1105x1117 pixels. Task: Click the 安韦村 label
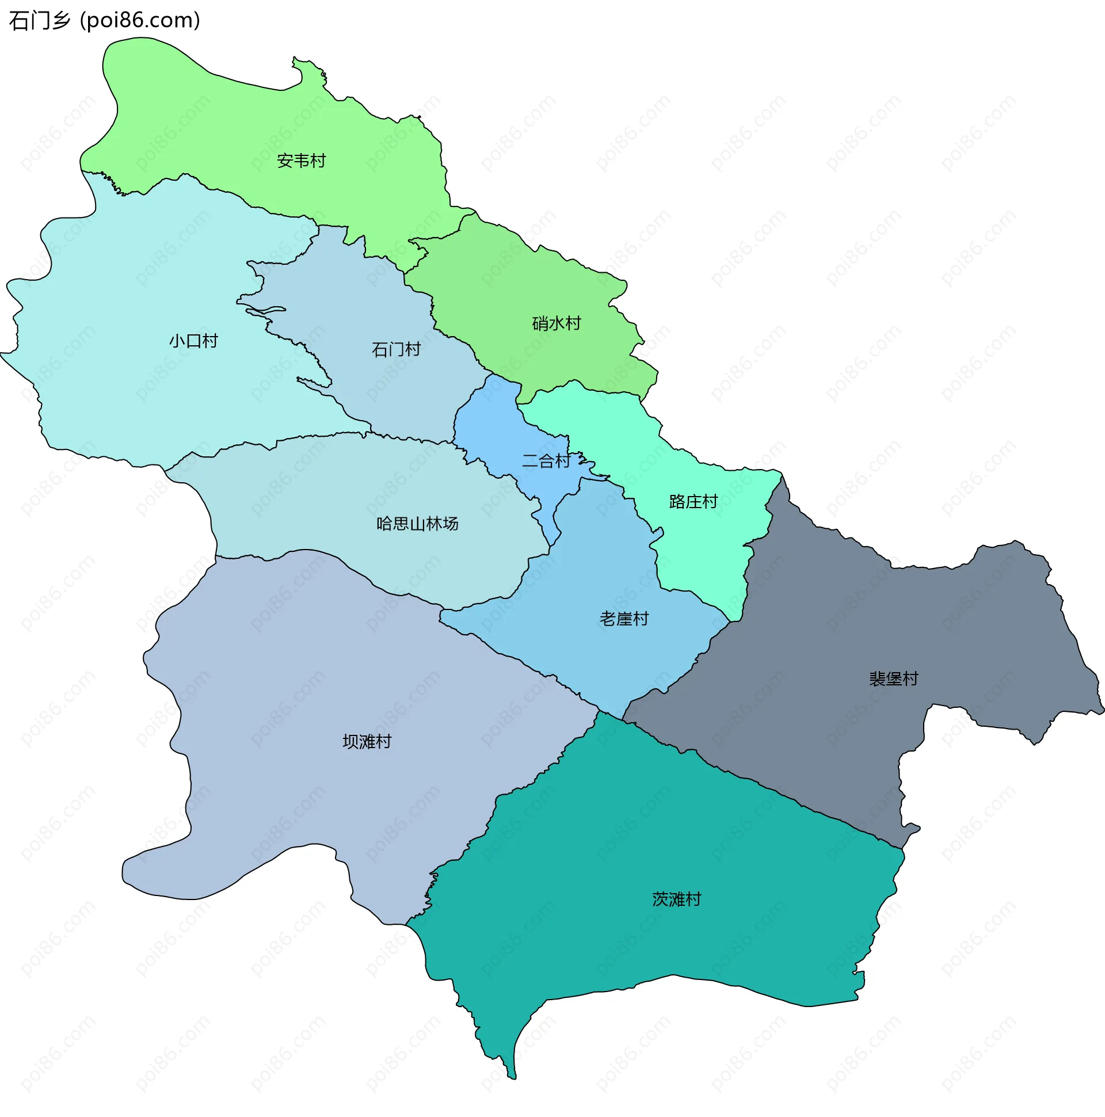pyautogui.click(x=301, y=161)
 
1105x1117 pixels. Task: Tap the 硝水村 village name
pyautogui.click(x=557, y=323)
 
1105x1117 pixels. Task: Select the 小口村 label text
pyautogui.click(x=193, y=341)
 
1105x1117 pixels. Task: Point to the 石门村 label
pyautogui.click(x=396, y=350)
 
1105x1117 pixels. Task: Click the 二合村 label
pyautogui.click(x=546, y=461)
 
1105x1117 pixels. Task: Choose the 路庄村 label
pyautogui.click(x=694, y=501)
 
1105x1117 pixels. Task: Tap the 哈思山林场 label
pyautogui.click(x=417, y=524)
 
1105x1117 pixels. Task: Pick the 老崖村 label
pyautogui.click(x=624, y=619)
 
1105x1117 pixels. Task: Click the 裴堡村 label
pyautogui.click(x=893, y=678)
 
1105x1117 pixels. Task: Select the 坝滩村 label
pyautogui.click(x=367, y=742)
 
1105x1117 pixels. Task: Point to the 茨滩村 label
pyautogui.click(x=677, y=899)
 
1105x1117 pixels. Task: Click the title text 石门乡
pyautogui.click(x=39, y=21)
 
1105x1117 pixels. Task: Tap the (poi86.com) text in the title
pyautogui.click(x=140, y=21)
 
